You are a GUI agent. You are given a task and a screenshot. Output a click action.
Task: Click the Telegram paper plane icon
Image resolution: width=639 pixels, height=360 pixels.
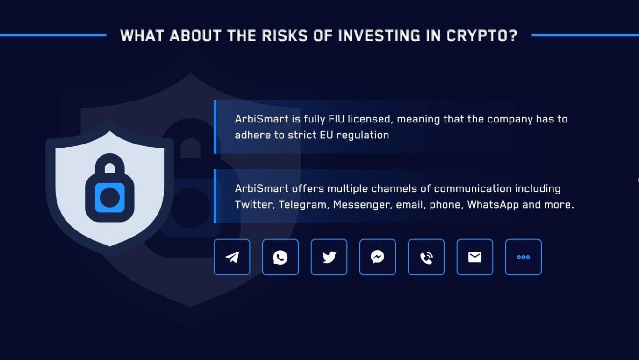pyautogui.click(x=232, y=257)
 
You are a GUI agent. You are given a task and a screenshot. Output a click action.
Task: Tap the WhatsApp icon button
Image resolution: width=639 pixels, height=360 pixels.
pyautogui.click(x=280, y=257)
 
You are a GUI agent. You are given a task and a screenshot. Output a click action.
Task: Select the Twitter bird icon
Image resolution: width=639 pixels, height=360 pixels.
pyautogui.click(x=329, y=257)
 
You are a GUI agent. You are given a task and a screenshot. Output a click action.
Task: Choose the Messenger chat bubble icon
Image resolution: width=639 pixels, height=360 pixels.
pyautogui.click(x=378, y=257)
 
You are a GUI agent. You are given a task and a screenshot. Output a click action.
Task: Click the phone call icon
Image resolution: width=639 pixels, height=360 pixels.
pyautogui.click(x=426, y=257)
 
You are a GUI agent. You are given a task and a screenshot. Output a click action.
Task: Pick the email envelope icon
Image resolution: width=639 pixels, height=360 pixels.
pyautogui.click(x=474, y=257)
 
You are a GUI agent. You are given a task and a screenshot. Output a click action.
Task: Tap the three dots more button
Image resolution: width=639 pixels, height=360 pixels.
pyautogui.click(x=523, y=257)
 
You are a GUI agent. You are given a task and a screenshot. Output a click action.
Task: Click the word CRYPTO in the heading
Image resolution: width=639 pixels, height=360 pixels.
pyautogui.click(x=482, y=36)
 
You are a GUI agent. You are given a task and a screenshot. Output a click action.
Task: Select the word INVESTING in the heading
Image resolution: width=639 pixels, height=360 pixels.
pyautogui.click(x=380, y=36)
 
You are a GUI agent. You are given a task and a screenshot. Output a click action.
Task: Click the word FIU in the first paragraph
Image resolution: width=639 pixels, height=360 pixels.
pyautogui.click(x=337, y=119)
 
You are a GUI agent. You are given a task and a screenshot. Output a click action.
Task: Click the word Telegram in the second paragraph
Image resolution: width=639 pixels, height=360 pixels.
pyautogui.click(x=302, y=205)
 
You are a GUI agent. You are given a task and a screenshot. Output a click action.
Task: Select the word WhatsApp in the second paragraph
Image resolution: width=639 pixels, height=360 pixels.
pyautogui.click(x=493, y=205)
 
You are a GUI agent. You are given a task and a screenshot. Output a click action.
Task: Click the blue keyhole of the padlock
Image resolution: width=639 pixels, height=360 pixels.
pyautogui.click(x=109, y=198)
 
